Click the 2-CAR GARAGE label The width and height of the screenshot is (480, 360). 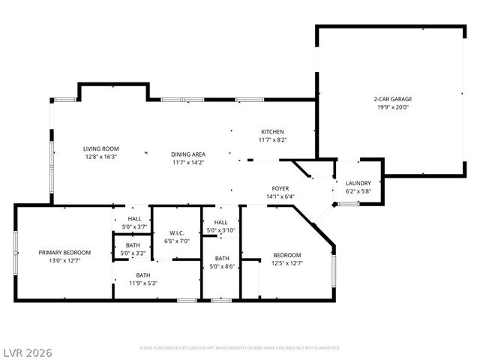tap(392, 99)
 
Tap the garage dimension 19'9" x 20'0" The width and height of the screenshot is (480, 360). tap(392, 107)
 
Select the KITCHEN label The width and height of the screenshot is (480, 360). tap(272, 131)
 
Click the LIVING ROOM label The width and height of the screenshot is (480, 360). tap(101, 148)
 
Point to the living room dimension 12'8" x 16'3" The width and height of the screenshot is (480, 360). tap(101, 157)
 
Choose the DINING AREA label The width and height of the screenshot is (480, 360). tap(188, 154)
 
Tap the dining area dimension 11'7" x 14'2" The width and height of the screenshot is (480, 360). tap(188, 162)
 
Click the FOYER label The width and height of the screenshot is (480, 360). tap(280, 189)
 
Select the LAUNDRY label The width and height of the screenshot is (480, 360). tap(358, 183)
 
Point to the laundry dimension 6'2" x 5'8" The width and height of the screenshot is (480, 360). tap(358, 191)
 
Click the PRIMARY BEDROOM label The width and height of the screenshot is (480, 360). tap(64, 253)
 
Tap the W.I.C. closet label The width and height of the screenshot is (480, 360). tap(177, 233)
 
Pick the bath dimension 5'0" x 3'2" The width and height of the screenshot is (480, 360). tap(133, 253)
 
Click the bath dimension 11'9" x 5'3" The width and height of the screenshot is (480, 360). tap(142, 283)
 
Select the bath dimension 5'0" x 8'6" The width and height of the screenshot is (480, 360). tap(222, 266)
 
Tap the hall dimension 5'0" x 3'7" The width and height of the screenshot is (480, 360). tap(133, 226)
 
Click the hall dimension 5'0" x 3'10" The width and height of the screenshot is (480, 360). tap(221, 230)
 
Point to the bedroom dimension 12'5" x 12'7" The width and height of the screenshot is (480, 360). tap(286, 263)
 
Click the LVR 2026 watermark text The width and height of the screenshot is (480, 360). tap(27, 352)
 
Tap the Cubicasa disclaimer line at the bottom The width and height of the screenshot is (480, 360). tap(240, 348)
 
